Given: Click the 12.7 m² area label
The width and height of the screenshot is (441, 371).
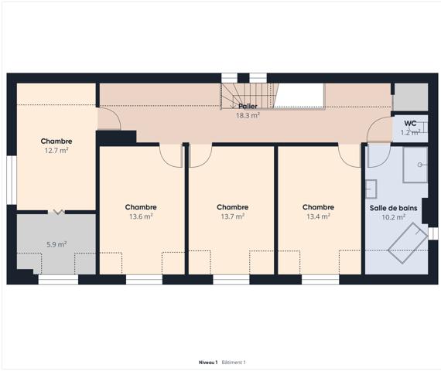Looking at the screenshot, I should pyautogui.click(x=56, y=151).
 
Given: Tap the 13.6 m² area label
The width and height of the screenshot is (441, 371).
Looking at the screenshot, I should pyautogui.click(x=140, y=217).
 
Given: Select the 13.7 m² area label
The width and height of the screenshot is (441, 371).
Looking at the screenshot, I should pyautogui.click(x=232, y=217).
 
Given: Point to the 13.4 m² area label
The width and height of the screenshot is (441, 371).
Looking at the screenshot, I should pyautogui.click(x=318, y=217).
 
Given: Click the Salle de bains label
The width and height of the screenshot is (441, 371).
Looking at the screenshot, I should pyautogui.click(x=394, y=207).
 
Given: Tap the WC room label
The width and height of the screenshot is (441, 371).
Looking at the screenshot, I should pyautogui.click(x=410, y=123).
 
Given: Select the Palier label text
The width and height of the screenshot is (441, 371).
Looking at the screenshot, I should pyautogui.click(x=248, y=106).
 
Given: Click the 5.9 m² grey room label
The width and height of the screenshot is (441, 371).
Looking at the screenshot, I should pyautogui.click(x=56, y=244).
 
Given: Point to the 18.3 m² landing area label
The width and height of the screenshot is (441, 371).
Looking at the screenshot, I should pyautogui.click(x=248, y=115).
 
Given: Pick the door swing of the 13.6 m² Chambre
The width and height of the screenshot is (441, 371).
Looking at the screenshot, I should pyautogui.click(x=170, y=155).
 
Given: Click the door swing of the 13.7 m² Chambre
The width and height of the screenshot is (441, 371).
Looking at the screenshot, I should pyautogui.click(x=199, y=155).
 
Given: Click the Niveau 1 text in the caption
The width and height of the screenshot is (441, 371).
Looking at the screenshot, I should pyautogui.click(x=208, y=362).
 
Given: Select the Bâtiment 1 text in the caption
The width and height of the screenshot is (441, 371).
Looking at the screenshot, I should pyautogui.click(x=234, y=362).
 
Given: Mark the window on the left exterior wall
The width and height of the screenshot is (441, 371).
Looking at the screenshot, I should pyautogui.click(x=11, y=181).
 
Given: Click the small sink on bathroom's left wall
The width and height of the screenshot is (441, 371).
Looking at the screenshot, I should pyautogui.click(x=371, y=189).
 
